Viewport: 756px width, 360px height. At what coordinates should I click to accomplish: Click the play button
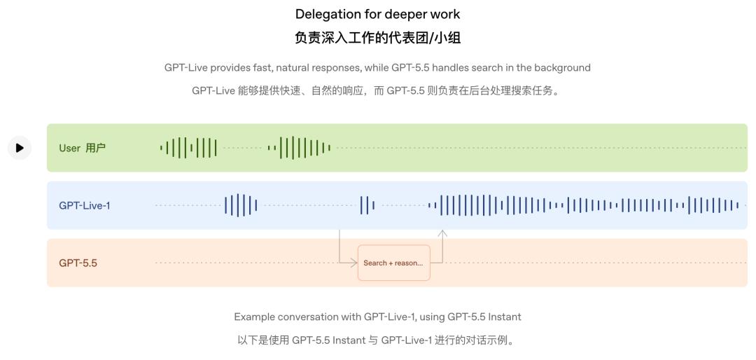(x=20, y=148)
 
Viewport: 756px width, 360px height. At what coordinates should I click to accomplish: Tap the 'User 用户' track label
(x=82, y=148)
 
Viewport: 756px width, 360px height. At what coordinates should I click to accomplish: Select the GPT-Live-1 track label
(x=85, y=206)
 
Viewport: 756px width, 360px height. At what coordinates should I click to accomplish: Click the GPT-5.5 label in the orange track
(x=78, y=263)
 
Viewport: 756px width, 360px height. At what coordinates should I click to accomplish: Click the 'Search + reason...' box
(x=393, y=263)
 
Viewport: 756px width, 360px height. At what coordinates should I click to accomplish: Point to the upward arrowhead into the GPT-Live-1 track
(x=442, y=233)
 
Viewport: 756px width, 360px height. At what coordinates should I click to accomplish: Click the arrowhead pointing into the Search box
(x=354, y=263)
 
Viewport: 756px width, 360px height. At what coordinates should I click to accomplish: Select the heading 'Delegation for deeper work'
(x=377, y=14)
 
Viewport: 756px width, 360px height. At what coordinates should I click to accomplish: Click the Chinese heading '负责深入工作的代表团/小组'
(x=377, y=38)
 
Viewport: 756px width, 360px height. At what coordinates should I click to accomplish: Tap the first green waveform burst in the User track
(x=188, y=148)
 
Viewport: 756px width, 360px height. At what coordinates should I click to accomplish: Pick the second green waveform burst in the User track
(x=299, y=148)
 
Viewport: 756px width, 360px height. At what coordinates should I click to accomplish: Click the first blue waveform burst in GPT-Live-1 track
(x=241, y=206)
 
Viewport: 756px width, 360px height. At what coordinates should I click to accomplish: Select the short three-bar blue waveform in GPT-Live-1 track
(x=367, y=206)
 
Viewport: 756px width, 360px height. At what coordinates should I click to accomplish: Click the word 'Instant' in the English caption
(x=505, y=317)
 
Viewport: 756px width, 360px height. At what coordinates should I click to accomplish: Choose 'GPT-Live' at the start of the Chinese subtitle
(x=213, y=91)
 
